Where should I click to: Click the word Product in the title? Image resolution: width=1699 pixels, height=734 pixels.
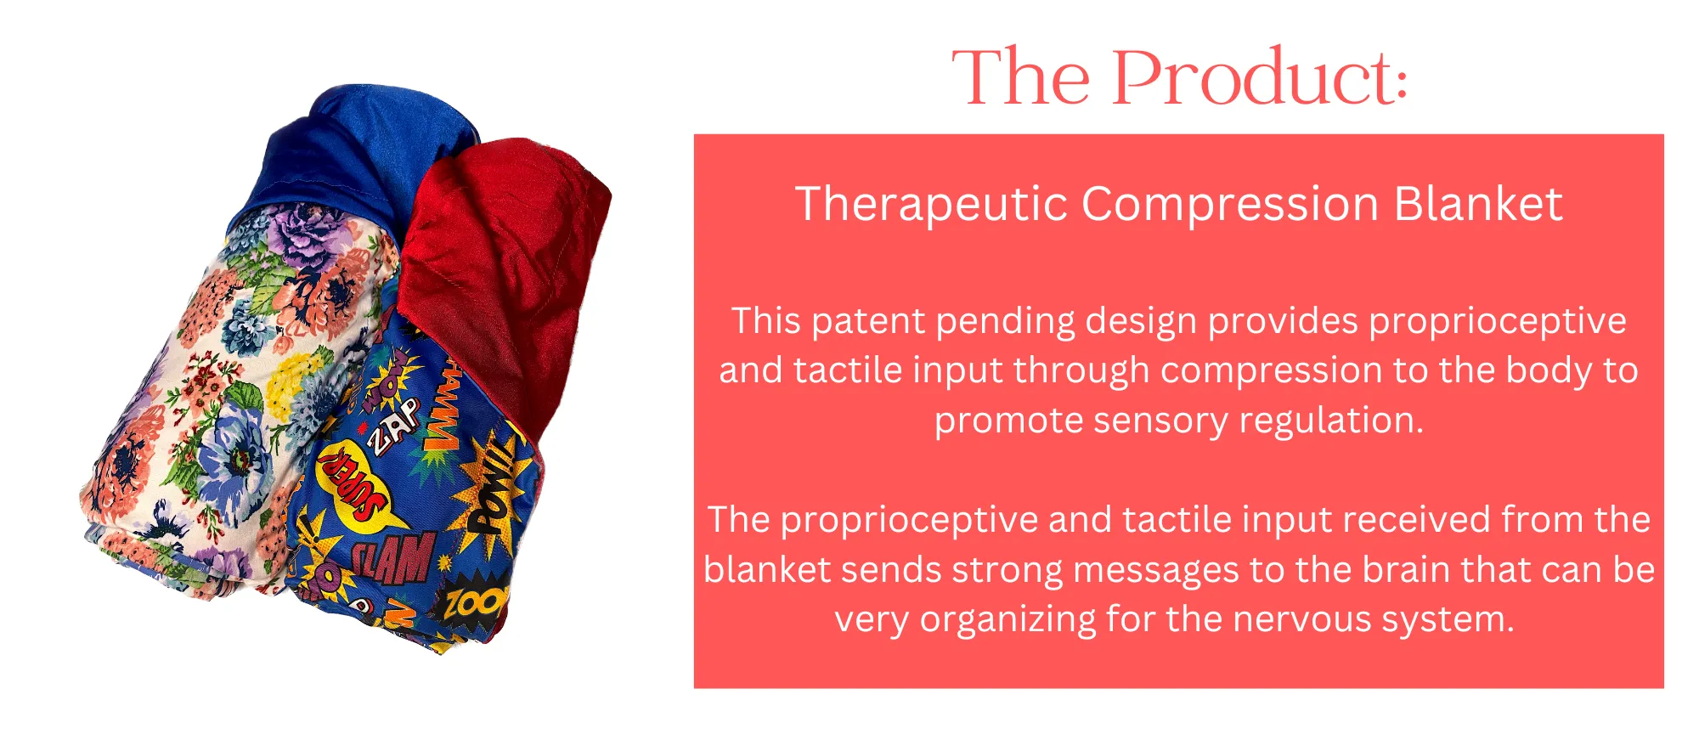[1259, 78]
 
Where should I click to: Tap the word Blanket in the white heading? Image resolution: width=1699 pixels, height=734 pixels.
[1478, 204]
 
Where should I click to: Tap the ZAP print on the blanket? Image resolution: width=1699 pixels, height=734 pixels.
[392, 424]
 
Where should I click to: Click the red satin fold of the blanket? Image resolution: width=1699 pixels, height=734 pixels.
[506, 272]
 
